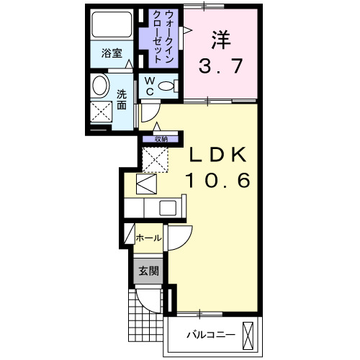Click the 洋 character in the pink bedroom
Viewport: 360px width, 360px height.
[x=220, y=39]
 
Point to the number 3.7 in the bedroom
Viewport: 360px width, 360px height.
[x=220, y=66]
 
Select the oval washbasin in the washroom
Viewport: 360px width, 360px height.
[x=101, y=86]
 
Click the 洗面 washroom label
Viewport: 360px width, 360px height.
[x=122, y=99]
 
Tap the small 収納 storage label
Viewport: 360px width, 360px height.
[x=160, y=139]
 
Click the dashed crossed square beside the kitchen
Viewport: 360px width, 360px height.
[x=153, y=158]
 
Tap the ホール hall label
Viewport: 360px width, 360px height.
[x=148, y=237]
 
